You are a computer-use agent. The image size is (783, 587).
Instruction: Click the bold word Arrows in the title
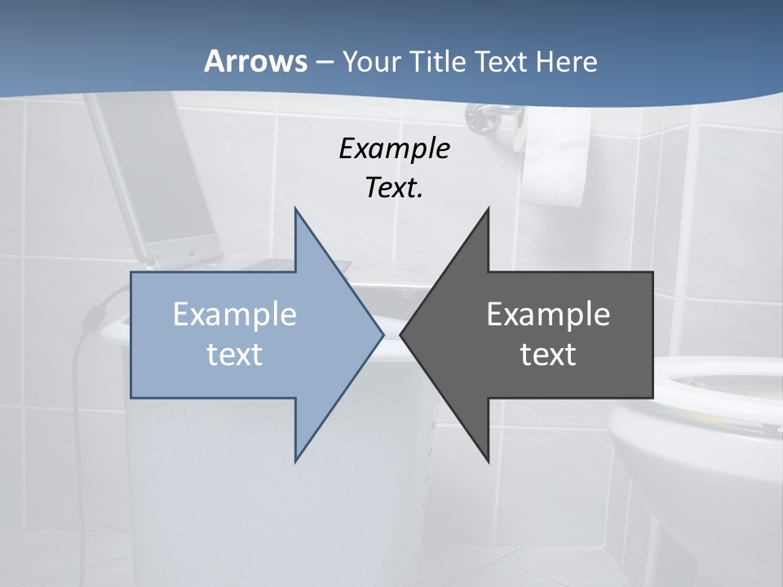(x=255, y=61)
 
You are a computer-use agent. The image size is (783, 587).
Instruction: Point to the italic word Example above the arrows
(x=394, y=149)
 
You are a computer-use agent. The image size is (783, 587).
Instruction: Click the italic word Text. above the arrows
(x=394, y=188)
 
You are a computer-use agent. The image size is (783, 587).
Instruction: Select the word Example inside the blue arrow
(x=235, y=315)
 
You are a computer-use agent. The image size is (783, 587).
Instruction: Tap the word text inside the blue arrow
(x=235, y=354)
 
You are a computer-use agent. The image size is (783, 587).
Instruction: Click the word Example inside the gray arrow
(x=548, y=315)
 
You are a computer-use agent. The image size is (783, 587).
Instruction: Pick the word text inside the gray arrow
(x=548, y=354)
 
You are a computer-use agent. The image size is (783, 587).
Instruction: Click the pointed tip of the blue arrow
(x=383, y=334)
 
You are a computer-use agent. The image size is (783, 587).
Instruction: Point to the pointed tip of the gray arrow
(x=401, y=334)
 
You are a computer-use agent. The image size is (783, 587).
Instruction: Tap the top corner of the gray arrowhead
(x=488, y=209)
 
